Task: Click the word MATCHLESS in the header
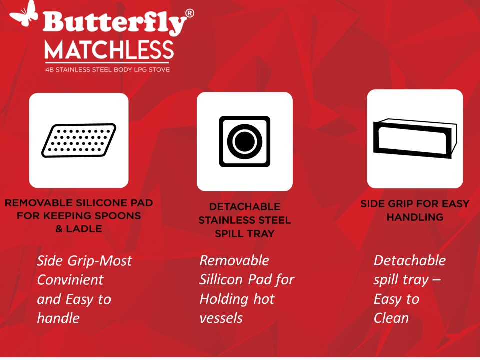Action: click(109, 50)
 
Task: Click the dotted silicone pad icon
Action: click(79, 140)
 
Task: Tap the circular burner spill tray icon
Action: click(244, 141)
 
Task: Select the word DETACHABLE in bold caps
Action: click(244, 207)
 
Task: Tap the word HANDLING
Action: click(415, 217)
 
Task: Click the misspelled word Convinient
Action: click(70, 280)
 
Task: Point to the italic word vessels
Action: click(221, 318)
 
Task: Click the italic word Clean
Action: click(391, 318)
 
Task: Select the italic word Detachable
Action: click(409, 260)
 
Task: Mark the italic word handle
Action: click(58, 318)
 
